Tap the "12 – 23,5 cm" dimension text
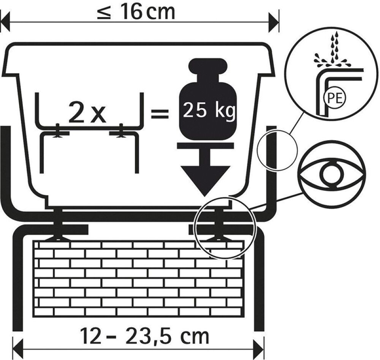point(144,336)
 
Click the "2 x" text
point(87,113)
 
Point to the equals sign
point(160,113)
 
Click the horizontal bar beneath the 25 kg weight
point(206,145)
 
